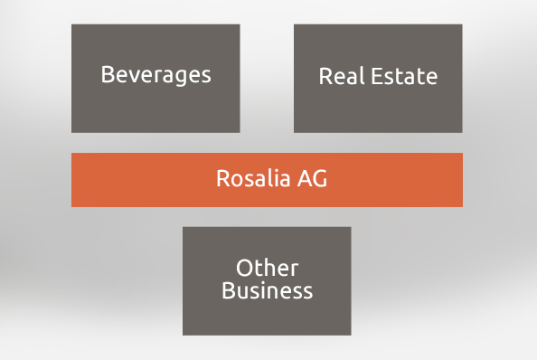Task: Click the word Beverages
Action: coord(155,74)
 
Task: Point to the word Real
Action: coord(342,76)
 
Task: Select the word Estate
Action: coord(404,76)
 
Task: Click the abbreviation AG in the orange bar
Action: coord(312,178)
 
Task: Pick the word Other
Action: coord(267,269)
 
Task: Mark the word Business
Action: coord(267,291)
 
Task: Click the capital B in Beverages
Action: coord(107,74)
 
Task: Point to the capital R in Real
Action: coord(325,76)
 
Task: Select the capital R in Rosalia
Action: coord(222,178)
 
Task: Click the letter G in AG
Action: coord(319,178)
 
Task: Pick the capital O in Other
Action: coord(243,269)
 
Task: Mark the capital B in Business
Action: coord(228,291)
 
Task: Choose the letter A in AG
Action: coord(305,178)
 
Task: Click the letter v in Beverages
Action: coord(132,75)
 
